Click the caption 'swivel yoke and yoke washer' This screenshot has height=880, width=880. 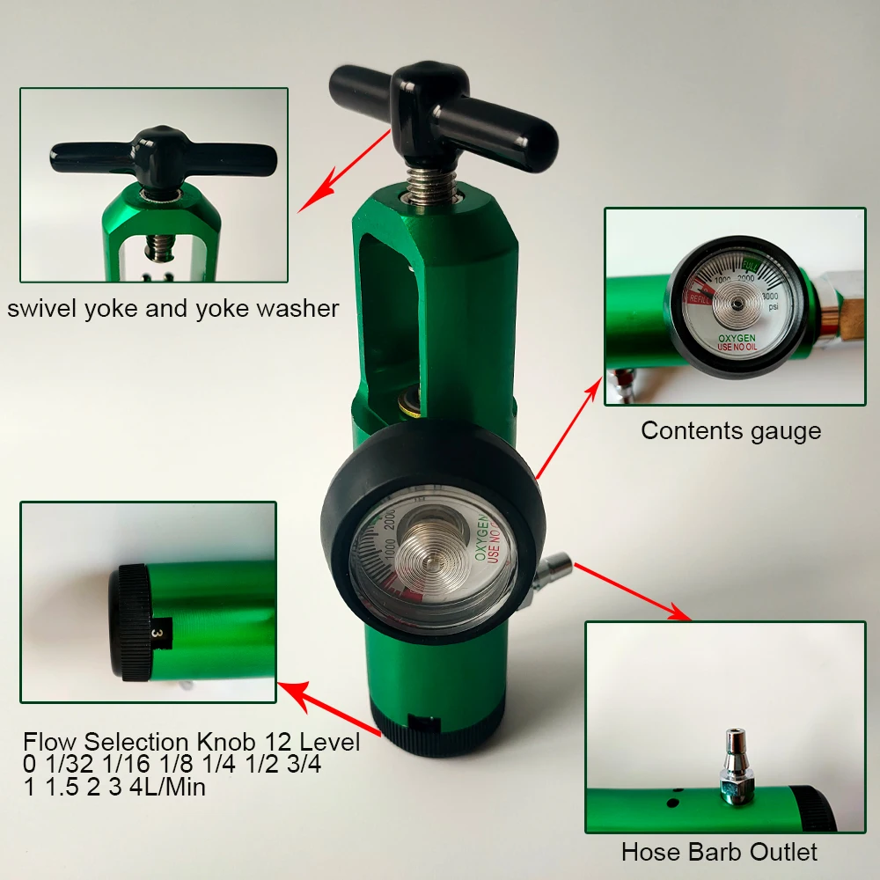pos(172,308)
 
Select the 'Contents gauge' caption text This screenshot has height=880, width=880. pos(730,430)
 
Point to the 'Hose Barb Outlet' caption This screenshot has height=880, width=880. pos(719,852)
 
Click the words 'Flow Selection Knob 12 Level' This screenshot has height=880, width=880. pos(192,742)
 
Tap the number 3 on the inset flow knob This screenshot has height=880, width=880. pos(156,632)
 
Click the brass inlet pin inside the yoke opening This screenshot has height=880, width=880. pos(408,406)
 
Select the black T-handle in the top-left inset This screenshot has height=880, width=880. pos(153,154)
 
